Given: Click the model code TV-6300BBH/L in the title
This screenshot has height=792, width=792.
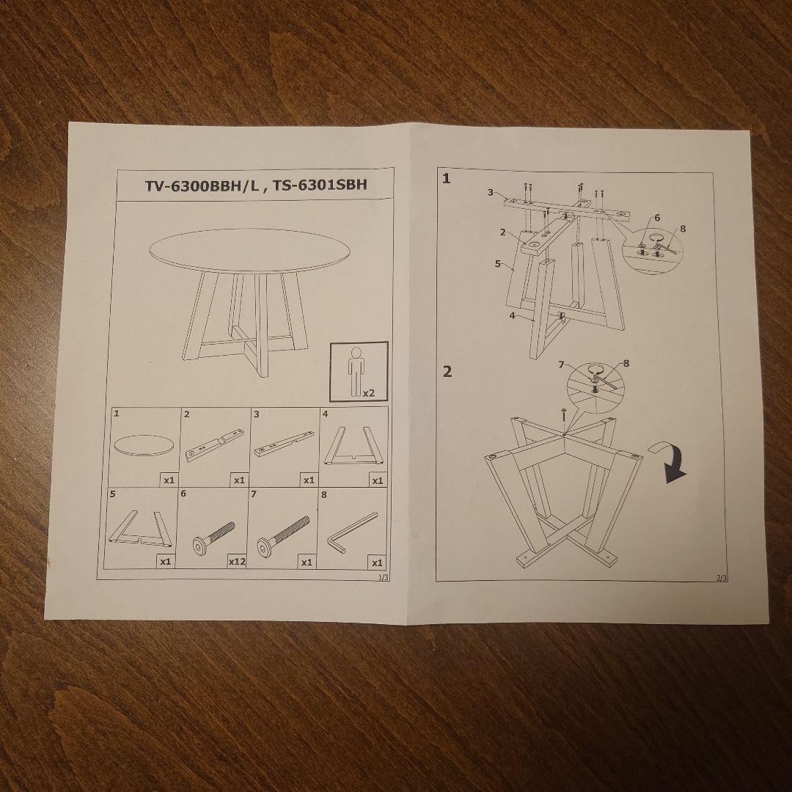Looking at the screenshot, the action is pyautogui.click(x=202, y=186).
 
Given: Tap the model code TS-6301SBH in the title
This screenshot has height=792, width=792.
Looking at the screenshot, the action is pyautogui.click(x=320, y=185).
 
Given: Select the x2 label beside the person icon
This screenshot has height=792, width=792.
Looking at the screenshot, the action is pyautogui.click(x=369, y=392).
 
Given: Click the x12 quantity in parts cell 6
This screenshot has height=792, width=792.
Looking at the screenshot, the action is pyautogui.click(x=237, y=561).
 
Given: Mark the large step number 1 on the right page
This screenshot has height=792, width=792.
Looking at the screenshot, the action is pyautogui.click(x=447, y=178).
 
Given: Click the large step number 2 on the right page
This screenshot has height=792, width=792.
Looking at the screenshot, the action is pyautogui.click(x=447, y=371).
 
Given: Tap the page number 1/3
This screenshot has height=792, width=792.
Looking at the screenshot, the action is pyautogui.click(x=384, y=577).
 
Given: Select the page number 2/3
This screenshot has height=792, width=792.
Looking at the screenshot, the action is pyautogui.click(x=722, y=579).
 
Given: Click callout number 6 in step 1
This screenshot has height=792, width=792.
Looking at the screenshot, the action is pyautogui.click(x=657, y=218).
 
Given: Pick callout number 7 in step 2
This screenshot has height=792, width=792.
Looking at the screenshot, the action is pyautogui.click(x=562, y=364).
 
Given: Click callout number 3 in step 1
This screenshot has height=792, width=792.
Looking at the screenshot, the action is pyautogui.click(x=491, y=192).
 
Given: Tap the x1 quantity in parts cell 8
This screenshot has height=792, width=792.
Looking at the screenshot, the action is pyautogui.click(x=377, y=562).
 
